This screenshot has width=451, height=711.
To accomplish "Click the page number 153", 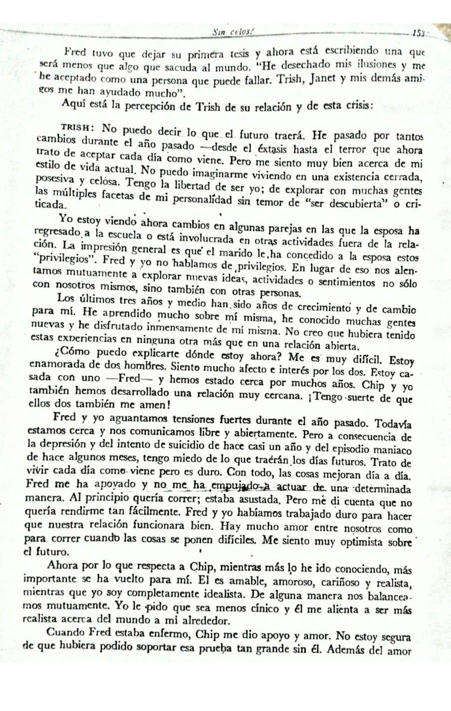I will (x=418, y=33).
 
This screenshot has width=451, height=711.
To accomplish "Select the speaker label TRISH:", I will (x=78, y=127).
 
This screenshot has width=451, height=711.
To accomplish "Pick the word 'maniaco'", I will (x=393, y=450).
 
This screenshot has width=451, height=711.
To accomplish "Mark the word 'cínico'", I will (x=264, y=608).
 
